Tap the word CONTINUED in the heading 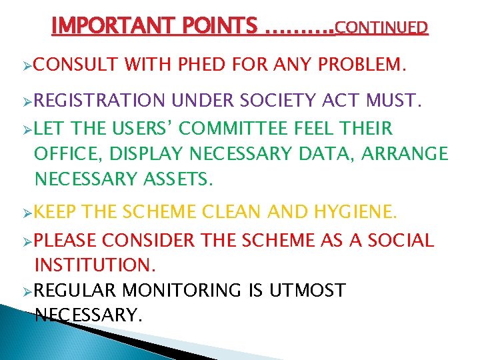(x=381, y=27)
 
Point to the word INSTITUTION (x=95, y=265)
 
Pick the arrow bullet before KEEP (x=27, y=213)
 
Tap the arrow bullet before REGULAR (x=27, y=291)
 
